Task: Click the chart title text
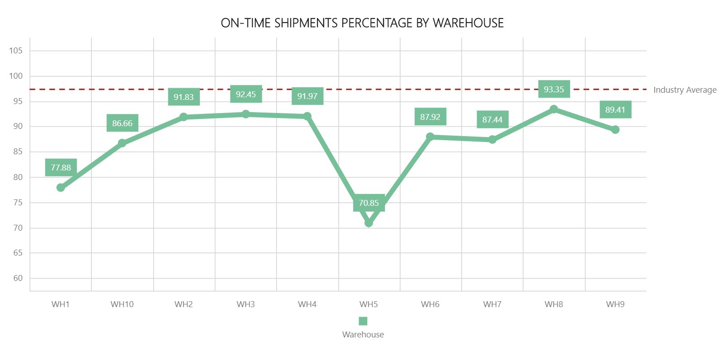coord(362,23)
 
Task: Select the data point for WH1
coord(61,188)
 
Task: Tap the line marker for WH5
coord(369,223)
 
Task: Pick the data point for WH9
coord(615,130)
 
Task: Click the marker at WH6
coord(430,137)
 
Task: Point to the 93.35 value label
coord(553,89)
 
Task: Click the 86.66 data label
coord(122,123)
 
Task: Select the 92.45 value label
coord(246,94)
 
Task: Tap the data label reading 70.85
coord(369,203)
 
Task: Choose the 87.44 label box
coord(492,119)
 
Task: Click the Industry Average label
coord(685,90)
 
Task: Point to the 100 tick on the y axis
coord(16,76)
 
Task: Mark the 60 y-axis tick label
coord(18,278)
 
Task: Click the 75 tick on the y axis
coord(18,203)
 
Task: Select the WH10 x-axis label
coord(122,304)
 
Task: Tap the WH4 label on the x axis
coord(307,304)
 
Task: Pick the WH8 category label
coord(553,304)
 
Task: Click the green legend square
coord(363,321)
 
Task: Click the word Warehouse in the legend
coord(363,335)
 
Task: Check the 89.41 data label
coord(615,109)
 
